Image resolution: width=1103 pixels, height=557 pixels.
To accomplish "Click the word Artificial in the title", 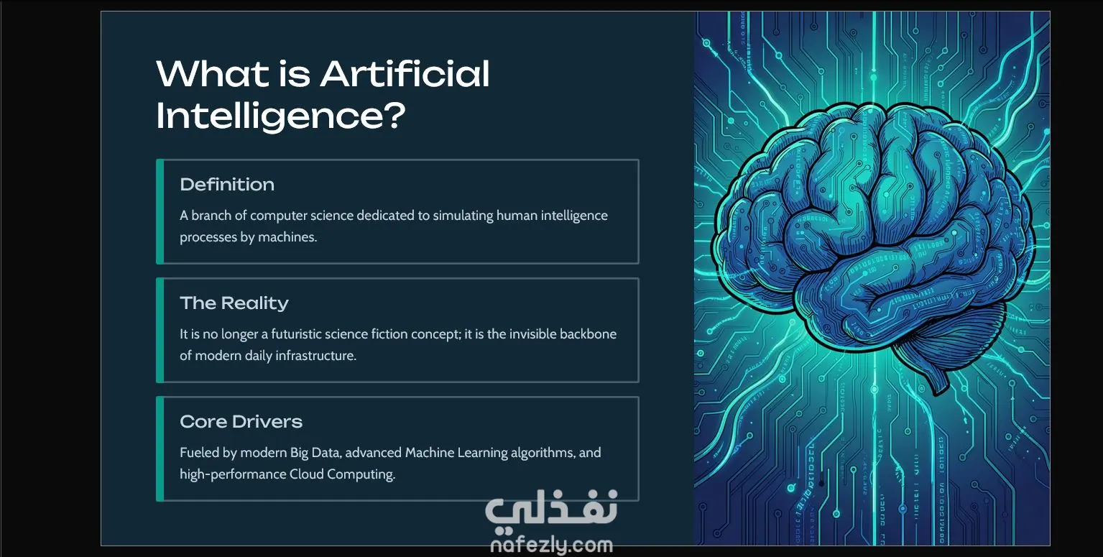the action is (x=405, y=74).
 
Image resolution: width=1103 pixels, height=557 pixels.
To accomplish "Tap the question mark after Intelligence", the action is (x=394, y=115).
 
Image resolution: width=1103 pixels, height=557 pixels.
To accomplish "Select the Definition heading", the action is (x=227, y=184).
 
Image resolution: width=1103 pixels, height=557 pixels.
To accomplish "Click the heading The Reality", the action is (x=234, y=303).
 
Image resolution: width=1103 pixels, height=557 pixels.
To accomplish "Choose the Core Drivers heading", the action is (x=241, y=422).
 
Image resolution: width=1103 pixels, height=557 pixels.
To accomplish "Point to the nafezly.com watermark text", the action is (x=552, y=545).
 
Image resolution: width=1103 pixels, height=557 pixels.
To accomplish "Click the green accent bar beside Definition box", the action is (x=160, y=211).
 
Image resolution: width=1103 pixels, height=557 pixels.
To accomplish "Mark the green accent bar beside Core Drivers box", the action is (x=160, y=448).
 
